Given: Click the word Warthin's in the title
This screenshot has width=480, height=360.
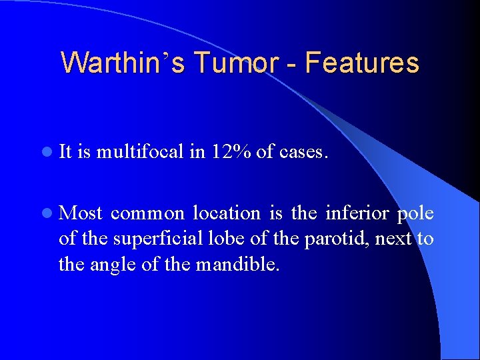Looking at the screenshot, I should point(123,63).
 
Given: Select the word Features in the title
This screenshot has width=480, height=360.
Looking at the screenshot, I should point(363,63).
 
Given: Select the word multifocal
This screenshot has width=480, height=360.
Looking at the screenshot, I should point(140,152).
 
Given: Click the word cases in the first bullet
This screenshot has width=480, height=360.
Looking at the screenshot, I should point(303,153).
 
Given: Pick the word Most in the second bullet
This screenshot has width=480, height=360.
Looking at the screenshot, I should point(81,213).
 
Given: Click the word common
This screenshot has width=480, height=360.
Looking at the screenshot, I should point(148,214).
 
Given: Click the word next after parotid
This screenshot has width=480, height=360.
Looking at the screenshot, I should point(394,239).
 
